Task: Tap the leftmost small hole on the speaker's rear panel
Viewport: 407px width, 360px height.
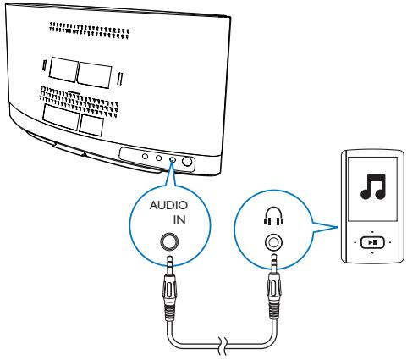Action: point(145,156)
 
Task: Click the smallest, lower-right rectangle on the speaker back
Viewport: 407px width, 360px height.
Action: point(91,124)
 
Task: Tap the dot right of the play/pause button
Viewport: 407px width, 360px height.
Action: point(390,240)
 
